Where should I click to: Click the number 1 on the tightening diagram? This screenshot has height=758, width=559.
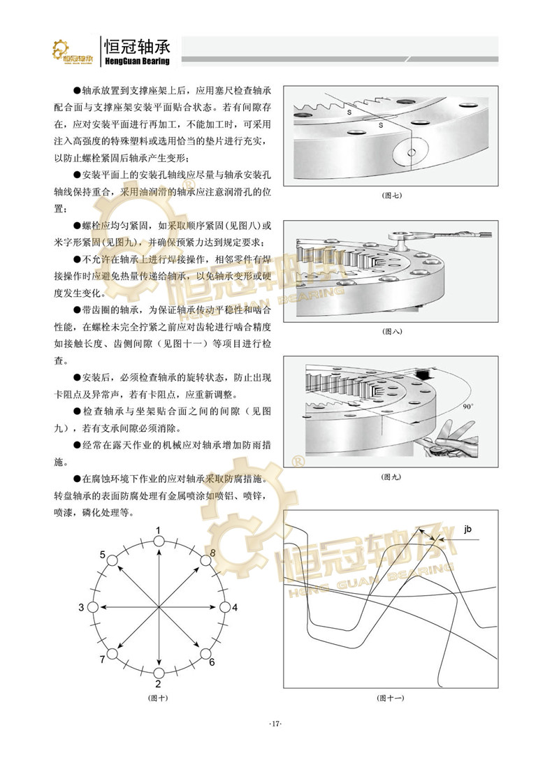point(159,531)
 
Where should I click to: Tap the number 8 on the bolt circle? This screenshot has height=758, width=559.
point(212,553)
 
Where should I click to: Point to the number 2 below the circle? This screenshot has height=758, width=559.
point(159,684)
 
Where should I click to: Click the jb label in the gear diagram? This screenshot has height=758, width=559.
point(467,529)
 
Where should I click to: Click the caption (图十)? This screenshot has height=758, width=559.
point(159,698)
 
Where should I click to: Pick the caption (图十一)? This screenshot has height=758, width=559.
point(391,698)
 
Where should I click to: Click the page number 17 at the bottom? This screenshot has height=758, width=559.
point(275,724)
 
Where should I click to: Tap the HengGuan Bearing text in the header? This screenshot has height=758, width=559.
point(136,61)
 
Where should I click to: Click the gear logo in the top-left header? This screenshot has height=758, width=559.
point(73,52)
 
